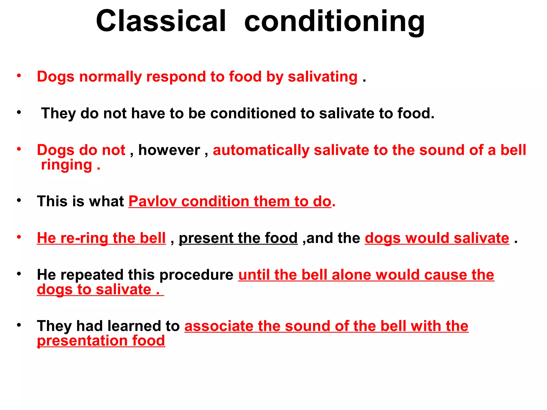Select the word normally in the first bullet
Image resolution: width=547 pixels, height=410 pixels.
point(110,77)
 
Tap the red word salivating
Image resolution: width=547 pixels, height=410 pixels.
point(323,77)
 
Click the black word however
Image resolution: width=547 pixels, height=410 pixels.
point(169,150)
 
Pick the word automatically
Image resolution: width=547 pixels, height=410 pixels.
point(261,150)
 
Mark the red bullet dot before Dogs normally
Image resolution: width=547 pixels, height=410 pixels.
point(19,76)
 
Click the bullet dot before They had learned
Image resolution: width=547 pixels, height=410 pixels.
point(19,325)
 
